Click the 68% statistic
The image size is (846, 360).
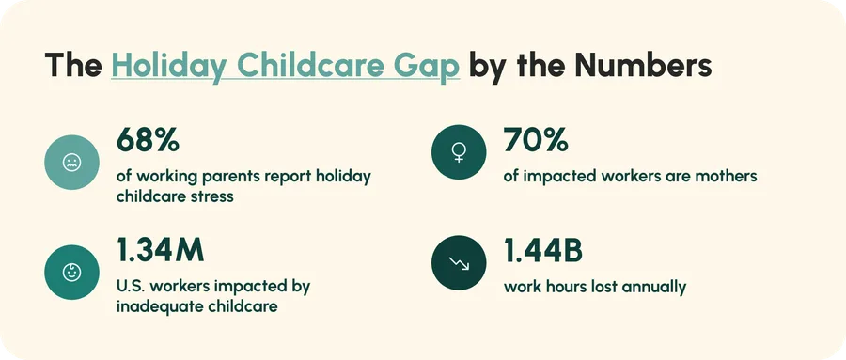click(x=148, y=140)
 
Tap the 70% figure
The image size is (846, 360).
click(x=536, y=140)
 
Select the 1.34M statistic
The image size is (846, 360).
click(x=161, y=250)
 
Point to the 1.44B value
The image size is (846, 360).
click(x=543, y=250)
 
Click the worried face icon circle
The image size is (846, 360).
click(x=71, y=162)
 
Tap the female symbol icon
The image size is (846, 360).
click(x=459, y=152)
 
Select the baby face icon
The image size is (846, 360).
click(x=71, y=272)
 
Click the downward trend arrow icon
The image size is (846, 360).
click(x=459, y=262)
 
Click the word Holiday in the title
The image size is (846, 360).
click(x=170, y=67)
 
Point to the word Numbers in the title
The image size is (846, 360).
click(x=643, y=65)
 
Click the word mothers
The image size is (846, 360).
click(x=729, y=176)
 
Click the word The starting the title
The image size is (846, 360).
click(x=73, y=65)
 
